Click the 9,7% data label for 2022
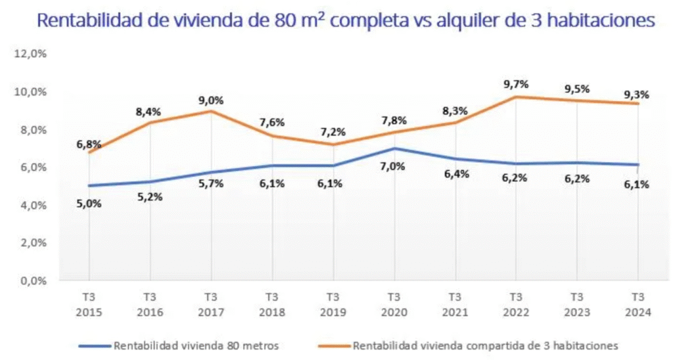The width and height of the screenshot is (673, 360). (x=516, y=84)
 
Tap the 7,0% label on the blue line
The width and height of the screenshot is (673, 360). (x=393, y=166)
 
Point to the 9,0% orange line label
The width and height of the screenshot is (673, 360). (x=211, y=101)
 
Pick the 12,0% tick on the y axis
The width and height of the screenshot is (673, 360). (x=30, y=55)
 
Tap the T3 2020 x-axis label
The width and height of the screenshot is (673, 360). (x=394, y=304)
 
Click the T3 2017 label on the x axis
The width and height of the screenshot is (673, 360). (x=211, y=304)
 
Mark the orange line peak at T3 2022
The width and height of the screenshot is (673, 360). (x=516, y=97)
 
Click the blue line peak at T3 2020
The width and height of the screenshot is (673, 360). (x=394, y=148)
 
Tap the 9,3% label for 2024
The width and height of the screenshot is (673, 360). (x=636, y=95)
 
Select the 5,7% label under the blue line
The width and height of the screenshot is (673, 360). (x=211, y=184)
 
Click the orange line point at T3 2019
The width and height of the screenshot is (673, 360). (x=333, y=145)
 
